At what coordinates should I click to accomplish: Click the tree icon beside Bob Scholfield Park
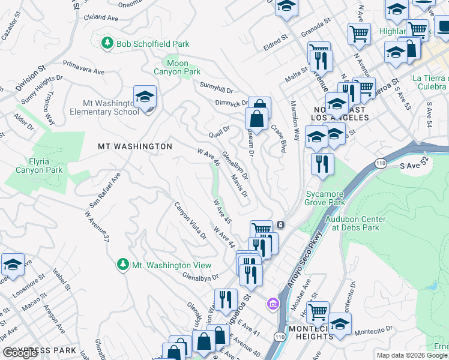(x=107, y=43)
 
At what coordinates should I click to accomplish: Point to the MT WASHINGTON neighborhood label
(x=135, y=146)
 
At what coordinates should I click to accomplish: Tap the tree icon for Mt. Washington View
(x=122, y=265)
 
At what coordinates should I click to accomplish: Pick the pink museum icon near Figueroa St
(x=273, y=304)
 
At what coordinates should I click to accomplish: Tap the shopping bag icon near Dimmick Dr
(x=257, y=118)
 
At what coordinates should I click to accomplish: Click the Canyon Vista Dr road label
(x=190, y=220)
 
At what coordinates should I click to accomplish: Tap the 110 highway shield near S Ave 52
(x=380, y=163)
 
